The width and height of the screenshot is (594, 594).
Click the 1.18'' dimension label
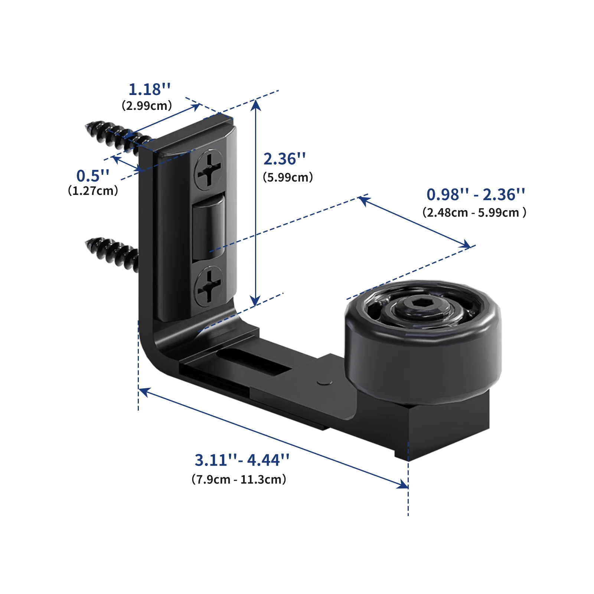pyautogui.click(x=150, y=89)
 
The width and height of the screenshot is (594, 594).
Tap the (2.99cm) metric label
pyautogui.click(x=147, y=105)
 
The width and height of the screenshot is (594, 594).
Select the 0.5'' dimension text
pyautogui.click(x=93, y=176)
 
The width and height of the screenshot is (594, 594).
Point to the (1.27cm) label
pyautogui.click(x=93, y=190)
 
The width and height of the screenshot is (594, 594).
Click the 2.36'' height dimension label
pyautogui.click(x=284, y=159)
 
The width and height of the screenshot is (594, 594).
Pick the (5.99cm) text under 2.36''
pyautogui.click(x=288, y=177)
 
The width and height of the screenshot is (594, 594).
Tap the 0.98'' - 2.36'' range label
pyautogui.click(x=476, y=195)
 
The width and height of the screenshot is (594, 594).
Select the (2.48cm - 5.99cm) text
pyautogui.click(x=474, y=212)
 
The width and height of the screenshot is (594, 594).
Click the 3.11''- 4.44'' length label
pyautogui.click(x=242, y=460)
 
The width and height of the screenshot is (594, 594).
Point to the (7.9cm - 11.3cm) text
pyautogui.click(x=239, y=479)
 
